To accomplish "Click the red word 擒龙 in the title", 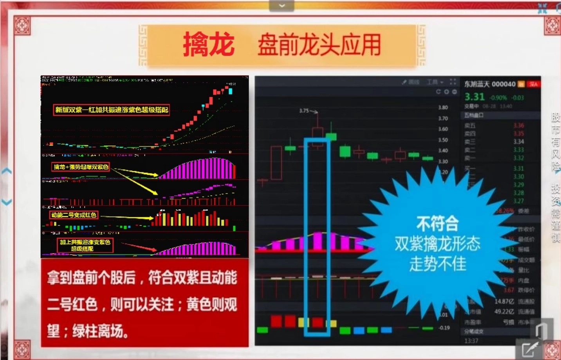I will click(209, 44).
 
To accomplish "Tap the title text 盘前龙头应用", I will click(319, 45).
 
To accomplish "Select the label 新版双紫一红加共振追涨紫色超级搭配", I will click(112, 110).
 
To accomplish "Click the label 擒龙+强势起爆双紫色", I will click(81, 167).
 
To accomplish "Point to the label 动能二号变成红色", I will click(74, 215).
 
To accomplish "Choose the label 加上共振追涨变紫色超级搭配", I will click(85, 245).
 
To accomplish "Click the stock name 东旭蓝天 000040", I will click(490, 84).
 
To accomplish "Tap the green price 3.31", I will click(474, 97).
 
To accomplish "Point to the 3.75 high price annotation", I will click(304, 111).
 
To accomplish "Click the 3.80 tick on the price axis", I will click(443, 107).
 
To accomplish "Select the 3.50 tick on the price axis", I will click(443, 140).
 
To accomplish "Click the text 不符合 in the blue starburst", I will click(437, 224).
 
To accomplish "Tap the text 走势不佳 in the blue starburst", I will click(438, 263).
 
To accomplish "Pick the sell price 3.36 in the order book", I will click(518, 125).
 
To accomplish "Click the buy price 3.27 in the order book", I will click(518, 201).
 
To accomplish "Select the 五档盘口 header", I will click(474, 115).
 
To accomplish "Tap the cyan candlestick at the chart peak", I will click(230, 91).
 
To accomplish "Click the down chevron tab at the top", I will click(281, 5).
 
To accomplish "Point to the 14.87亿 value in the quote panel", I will click(504, 301).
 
